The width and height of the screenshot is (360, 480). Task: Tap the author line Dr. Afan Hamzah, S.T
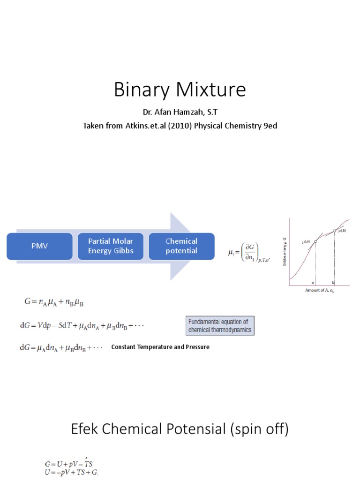[180, 113]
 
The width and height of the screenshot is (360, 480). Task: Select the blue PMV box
[40, 246]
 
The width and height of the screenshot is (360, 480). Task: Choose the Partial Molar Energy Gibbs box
[111, 246]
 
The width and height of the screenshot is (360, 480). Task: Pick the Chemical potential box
[181, 246]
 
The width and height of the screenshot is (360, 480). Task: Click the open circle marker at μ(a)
[315, 241]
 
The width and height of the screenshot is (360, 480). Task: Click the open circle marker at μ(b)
[335, 230]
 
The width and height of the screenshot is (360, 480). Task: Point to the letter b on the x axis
[333, 283]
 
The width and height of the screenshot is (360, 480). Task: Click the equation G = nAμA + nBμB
[54, 302]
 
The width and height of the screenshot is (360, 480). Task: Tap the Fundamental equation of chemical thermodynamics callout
[220, 325]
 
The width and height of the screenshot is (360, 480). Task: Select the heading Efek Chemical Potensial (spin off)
[180, 428]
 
